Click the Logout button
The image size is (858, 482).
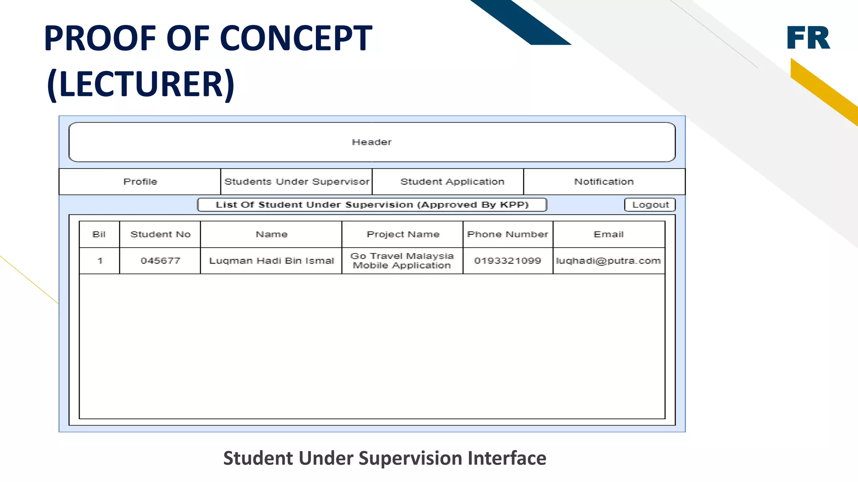(x=650, y=205)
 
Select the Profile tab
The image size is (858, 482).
(x=140, y=182)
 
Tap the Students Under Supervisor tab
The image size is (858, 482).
(x=297, y=182)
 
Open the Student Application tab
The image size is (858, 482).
(x=452, y=182)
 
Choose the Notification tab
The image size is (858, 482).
(x=604, y=182)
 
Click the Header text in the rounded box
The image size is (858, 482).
(x=372, y=142)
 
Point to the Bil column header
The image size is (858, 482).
(x=99, y=234)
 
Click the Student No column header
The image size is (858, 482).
(x=160, y=234)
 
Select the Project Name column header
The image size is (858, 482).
(x=403, y=234)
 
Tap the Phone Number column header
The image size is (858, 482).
(x=507, y=234)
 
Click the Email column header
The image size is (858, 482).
(x=608, y=234)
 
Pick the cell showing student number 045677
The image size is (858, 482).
(x=160, y=261)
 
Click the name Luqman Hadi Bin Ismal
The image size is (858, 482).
(x=271, y=261)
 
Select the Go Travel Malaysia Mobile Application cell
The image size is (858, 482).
(x=402, y=261)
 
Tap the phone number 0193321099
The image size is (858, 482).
(x=507, y=261)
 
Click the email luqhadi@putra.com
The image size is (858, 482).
(x=608, y=261)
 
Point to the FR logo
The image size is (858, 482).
(x=808, y=38)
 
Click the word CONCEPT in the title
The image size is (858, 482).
(x=296, y=38)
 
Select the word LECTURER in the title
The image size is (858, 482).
(x=141, y=84)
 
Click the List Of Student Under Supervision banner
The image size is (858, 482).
(x=372, y=205)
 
